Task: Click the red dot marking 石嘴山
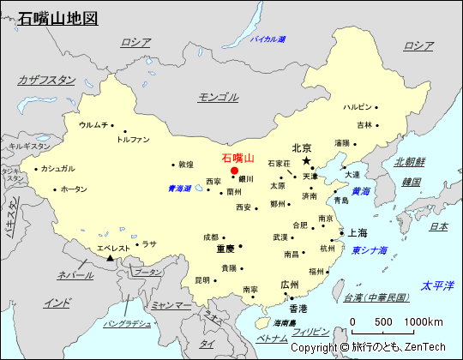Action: [x=234, y=171]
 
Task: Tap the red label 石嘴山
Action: [x=238, y=158]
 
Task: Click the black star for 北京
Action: [x=307, y=160]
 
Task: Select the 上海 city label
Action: [x=358, y=232]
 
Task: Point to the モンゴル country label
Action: [x=218, y=97]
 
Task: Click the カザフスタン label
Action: [x=46, y=80]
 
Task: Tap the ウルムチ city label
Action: [x=93, y=124]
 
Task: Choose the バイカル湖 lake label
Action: [x=262, y=39]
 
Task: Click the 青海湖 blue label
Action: [x=179, y=188]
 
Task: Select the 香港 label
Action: [x=298, y=308]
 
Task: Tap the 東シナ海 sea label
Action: [x=370, y=250]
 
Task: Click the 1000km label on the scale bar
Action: [x=424, y=321]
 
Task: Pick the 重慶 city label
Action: [x=225, y=249]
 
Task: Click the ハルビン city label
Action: [x=358, y=107]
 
